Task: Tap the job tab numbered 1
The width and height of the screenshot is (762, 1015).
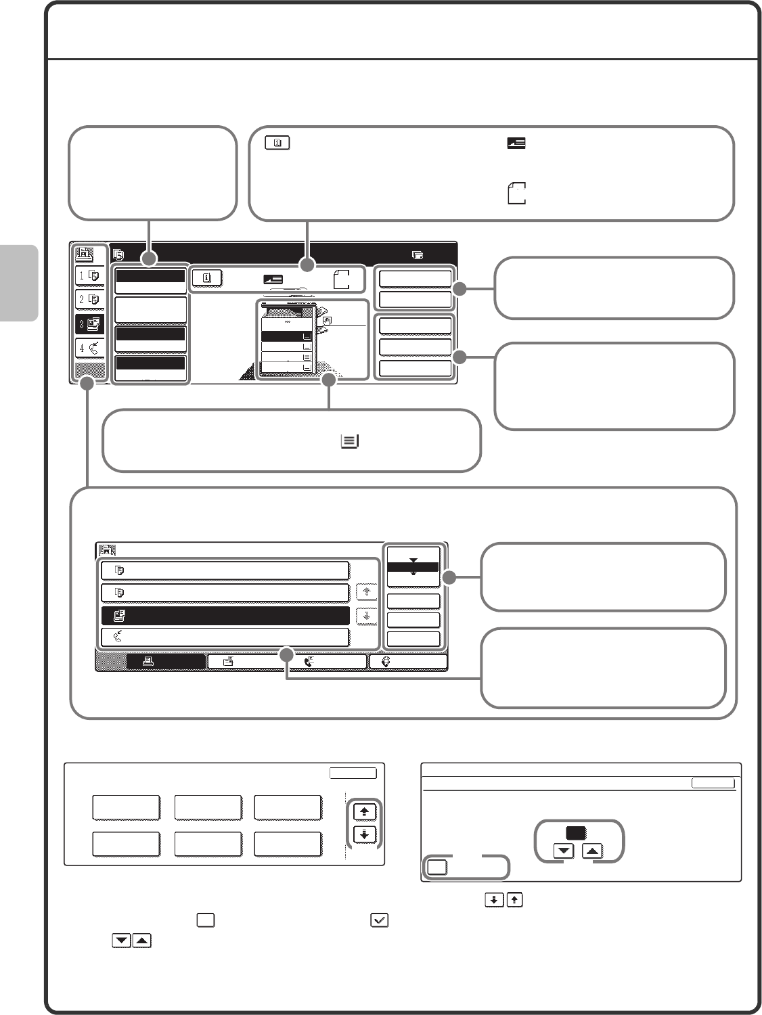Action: coord(89,275)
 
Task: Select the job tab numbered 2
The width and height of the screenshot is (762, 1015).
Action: coord(89,299)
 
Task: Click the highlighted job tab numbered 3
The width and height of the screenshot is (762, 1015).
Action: coord(89,323)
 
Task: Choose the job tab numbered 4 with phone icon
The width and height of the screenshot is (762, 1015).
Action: coord(89,348)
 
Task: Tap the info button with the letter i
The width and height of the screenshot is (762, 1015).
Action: coord(206,278)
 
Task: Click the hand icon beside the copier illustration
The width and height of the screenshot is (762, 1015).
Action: coord(328,318)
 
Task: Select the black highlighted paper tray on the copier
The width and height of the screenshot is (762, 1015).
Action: coord(285,336)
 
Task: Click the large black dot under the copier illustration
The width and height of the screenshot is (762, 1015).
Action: coord(329,381)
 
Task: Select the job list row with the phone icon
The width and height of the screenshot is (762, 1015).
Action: coord(225,637)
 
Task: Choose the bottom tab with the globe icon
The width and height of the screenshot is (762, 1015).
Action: coord(407,662)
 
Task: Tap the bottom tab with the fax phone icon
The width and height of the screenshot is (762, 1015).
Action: coord(324,662)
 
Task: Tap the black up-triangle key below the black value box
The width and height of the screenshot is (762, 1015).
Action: coord(592,851)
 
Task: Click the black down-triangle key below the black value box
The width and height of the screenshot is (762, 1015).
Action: coord(564,851)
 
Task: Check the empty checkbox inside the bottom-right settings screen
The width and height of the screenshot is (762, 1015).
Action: coord(438,867)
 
